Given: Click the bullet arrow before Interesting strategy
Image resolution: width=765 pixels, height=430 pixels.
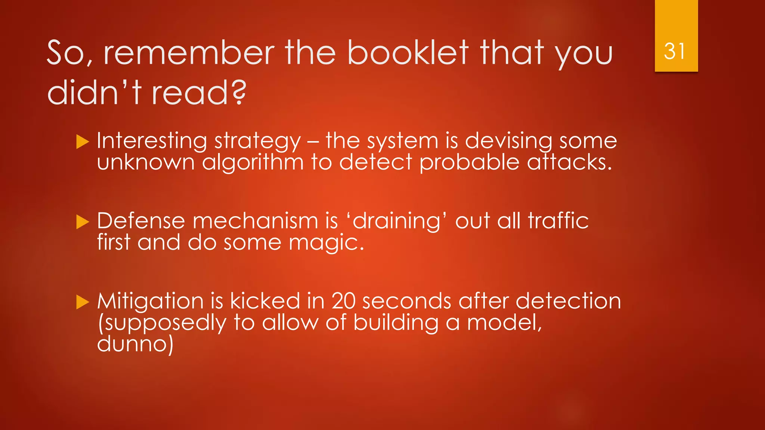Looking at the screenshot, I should pos(83,142).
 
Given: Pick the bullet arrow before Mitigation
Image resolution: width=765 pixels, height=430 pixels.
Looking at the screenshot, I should pos(83,302).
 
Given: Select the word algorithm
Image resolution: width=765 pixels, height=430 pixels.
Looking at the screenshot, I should pos(253,162).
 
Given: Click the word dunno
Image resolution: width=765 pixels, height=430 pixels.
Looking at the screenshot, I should pos(135,344).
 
